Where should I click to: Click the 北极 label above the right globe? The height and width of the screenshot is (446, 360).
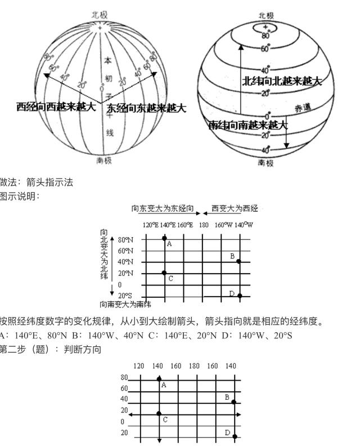(266, 15)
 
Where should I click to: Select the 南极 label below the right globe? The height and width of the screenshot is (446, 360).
(266, 163)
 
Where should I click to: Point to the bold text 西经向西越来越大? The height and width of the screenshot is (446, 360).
(56, 106)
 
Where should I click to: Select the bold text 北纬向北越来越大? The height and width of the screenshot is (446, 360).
(282, 81)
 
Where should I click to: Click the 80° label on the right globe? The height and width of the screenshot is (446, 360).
(266, 36)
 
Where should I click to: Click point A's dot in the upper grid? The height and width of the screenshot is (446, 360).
(164, 238)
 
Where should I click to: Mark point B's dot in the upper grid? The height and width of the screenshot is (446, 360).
(238, 261)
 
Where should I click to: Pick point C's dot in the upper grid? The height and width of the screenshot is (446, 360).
(164, 273)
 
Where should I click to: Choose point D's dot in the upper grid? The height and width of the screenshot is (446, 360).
(239, 295)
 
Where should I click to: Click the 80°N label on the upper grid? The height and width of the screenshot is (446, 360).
(125, 239)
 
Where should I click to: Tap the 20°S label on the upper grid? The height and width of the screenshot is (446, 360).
(125, 296)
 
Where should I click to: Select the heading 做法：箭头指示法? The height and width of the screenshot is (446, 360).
(37, 182)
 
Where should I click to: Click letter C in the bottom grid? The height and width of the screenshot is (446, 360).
(165, 420)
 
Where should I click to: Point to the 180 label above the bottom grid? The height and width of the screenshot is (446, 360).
(194, 366)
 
